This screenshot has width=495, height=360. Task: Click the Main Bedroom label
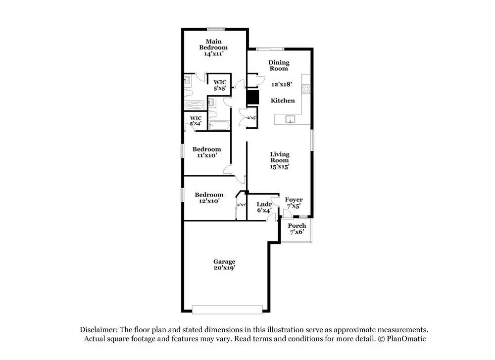(x=213, y=44)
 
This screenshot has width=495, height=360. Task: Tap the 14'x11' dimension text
(x=214, y=53)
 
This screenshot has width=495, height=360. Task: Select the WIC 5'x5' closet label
(x=220, y=85)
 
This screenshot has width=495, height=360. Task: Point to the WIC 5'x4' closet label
(x=196, y=121)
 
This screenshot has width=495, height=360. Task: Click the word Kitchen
(x=283, y=101)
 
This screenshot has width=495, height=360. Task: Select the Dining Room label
(x=279, y=65)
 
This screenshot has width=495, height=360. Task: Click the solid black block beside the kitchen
(x=252, y=97)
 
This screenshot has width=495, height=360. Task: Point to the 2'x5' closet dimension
(x=251, y=117)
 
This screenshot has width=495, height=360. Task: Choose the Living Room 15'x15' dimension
(x=279, y=166)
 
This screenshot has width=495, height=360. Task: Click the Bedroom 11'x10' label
(x=207, y=152)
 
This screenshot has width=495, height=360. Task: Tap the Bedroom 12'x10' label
(x=209, y=198)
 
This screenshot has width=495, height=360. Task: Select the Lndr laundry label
(x=264, y=204)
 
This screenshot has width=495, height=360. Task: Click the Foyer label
(x=294, y=200)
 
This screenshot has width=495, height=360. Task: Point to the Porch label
(x=297, y=226)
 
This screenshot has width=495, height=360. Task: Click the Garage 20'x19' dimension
(x=224, y=268)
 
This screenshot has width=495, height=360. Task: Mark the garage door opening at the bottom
(x=227, y=310)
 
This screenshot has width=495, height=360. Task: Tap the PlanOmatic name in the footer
(x=406, y=339)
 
